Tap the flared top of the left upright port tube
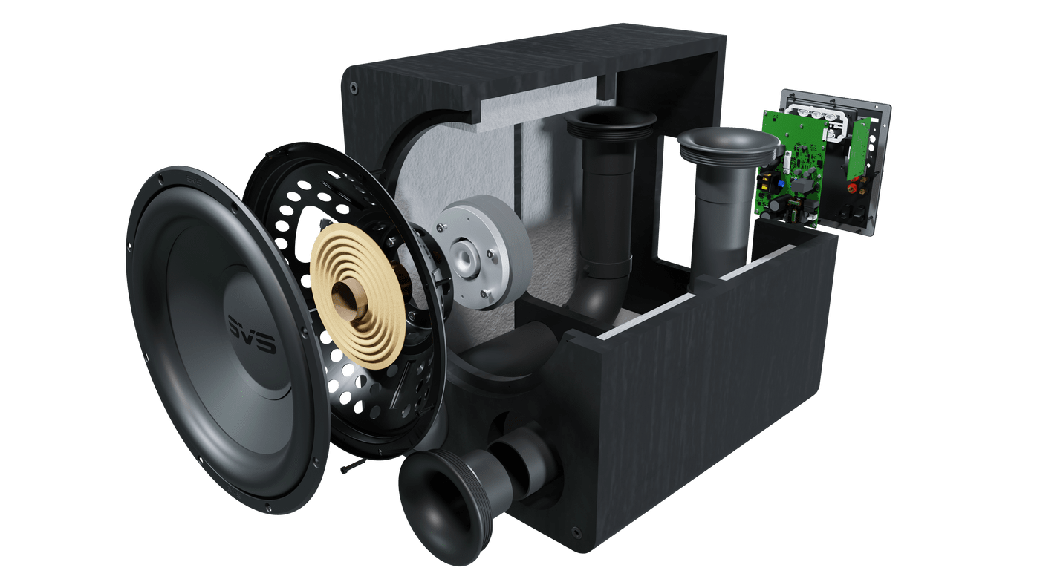click(x=611, y=121)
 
